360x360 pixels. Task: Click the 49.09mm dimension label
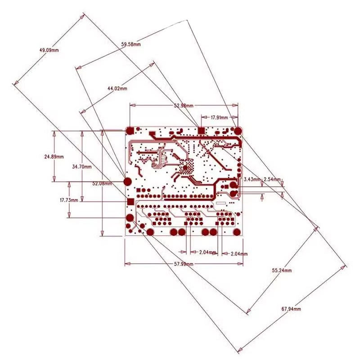click(x=49, y=50)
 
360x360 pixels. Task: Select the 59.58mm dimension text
click(x=131, y=44)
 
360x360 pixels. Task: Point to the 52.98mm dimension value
click(x=183, y=105)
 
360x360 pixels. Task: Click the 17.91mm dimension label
click(x=219, y=117)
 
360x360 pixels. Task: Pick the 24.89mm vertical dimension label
click(x=54, y=157)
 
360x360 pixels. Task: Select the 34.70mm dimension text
click(x=82, y=166)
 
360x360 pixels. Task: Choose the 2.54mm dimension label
click(x=272, y=179)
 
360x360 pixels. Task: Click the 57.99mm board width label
click(x=184, y=264)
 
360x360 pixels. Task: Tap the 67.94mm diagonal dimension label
click(x=291, y=309)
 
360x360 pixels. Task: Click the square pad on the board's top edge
click(x=201, y=130)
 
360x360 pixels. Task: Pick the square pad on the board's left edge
click(x=130, y=202)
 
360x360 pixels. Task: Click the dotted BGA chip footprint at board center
click(x=185, y=168)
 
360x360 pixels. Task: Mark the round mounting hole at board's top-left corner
click(x=130, y=130)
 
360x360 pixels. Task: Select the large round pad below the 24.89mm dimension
click(x=128, y=181)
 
